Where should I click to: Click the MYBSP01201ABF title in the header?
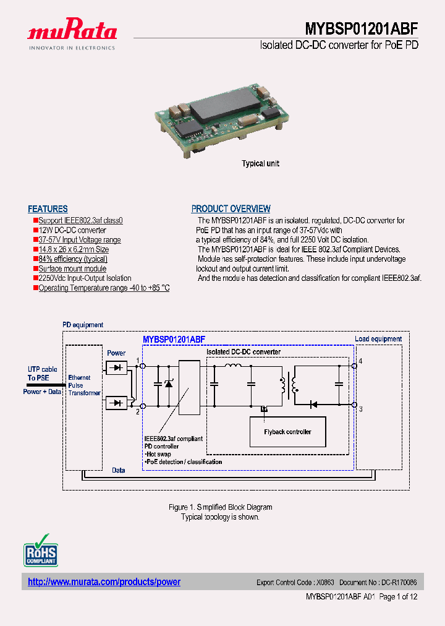point(362,29)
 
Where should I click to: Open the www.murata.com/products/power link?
point(104,582)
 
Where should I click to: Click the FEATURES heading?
point(48,209)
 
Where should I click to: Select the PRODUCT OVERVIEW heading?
point(231,209)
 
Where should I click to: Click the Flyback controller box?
point(287,432)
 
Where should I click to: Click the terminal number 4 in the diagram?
point(360,360)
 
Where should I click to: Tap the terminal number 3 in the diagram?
point(360,409)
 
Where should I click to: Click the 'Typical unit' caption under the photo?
point(260,163)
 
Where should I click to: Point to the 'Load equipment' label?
point(378,339)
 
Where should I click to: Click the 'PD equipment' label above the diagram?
point(83,325)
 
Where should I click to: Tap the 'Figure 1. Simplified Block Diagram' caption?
point(220,507)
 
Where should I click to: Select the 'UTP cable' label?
point(42,369)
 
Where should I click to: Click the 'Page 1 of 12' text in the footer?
point(398,597)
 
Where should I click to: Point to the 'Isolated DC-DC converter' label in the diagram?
point(244,352)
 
